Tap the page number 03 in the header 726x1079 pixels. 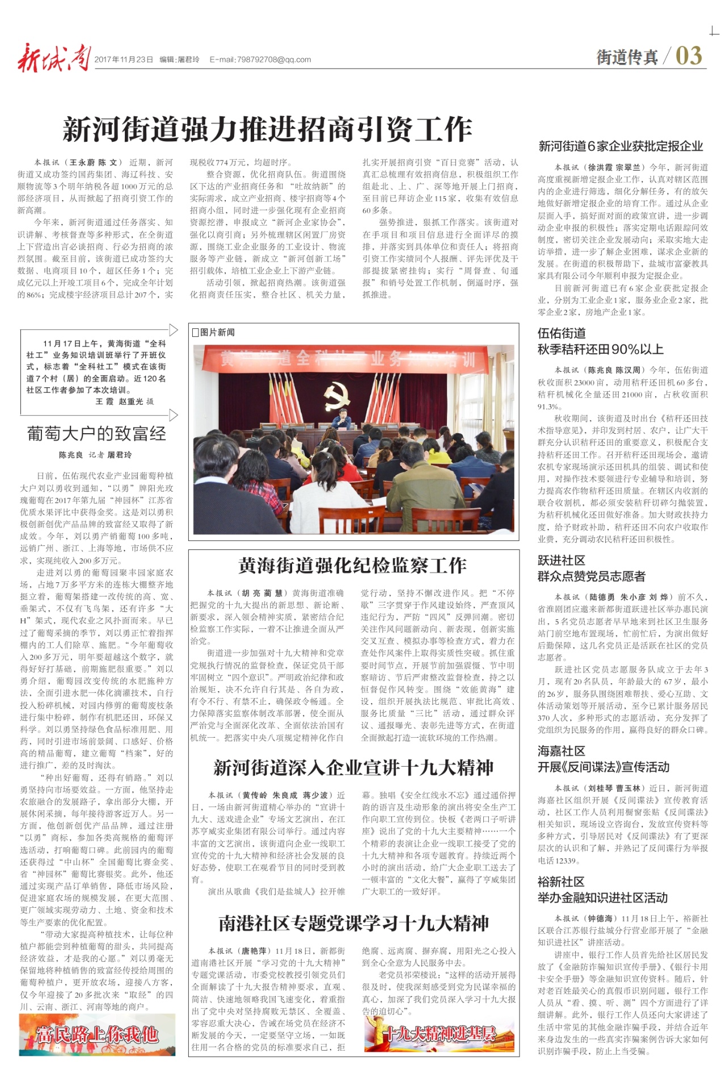pyautogui.click(x=689, y=56)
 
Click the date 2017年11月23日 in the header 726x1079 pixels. pyautogui.click(x=124, y=60)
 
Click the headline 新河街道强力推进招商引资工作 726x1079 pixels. pyautogui.click(x=267, y=129)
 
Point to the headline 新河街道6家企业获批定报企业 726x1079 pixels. pyautogui.click(x=621, y=146)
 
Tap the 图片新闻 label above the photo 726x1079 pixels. pyautogui.click(x=214, y=332)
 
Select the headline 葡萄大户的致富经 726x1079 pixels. pyautogui.click(x=96, y=434)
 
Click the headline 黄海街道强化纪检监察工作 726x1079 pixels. pyautogui.click(x=352, y=565)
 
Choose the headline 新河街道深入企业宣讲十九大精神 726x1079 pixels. pyautogui.click(x=353, y=768)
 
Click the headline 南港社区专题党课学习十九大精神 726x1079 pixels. pyautogui.click(x=353, y=924)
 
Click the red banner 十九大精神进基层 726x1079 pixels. pyautogui.click(x=439, y=1034)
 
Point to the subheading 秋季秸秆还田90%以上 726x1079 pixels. pyautogui.click(x=600, y=349)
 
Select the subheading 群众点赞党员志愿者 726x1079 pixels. pyautogui.click(x=591, y=577)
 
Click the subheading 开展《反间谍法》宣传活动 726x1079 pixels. pyautogui.click(x=603, y=767)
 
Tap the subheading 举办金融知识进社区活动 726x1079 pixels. pyautogui.click(x=602, y=898)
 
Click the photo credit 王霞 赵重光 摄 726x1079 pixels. pyautogui.click(x=124, y=401)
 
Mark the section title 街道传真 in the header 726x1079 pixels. pyautogui.click(x=627, y=57)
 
